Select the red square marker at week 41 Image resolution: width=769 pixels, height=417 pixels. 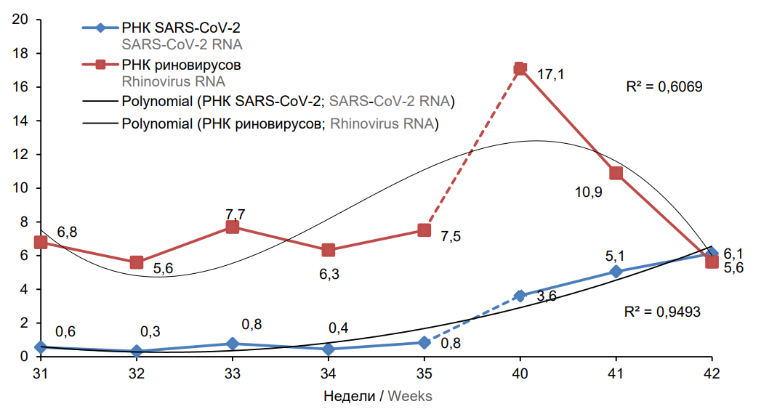pyautogui.click(x=616, y=173)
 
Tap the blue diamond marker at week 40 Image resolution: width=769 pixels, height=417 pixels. pyautogui.click(x=520, y=296)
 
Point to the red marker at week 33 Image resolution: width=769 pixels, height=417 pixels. pyautogui.click(x=232, y=227)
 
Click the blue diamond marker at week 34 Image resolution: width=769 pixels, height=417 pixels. pyautogui.click(x=329, y=349)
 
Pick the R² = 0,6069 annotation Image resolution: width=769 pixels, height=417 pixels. pyautogui.click(x=664, y=86)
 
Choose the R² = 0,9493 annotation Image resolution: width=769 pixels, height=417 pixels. pyautogui.click(x=662, y=312)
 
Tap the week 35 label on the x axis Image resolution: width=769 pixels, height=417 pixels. pyautogui.click(x=424, y=373)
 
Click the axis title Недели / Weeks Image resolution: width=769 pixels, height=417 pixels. pyautogui.click(x=377, y=396)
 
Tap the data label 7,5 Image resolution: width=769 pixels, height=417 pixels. pyautogui.click(x=451, y=236)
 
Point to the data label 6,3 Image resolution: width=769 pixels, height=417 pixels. pyautogui.click(x=329, y=275)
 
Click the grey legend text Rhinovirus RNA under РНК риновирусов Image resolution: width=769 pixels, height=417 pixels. pyautogui.click(x=173, y=81)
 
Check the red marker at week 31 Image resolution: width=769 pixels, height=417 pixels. pyautogui.click(x=41, y=242)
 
